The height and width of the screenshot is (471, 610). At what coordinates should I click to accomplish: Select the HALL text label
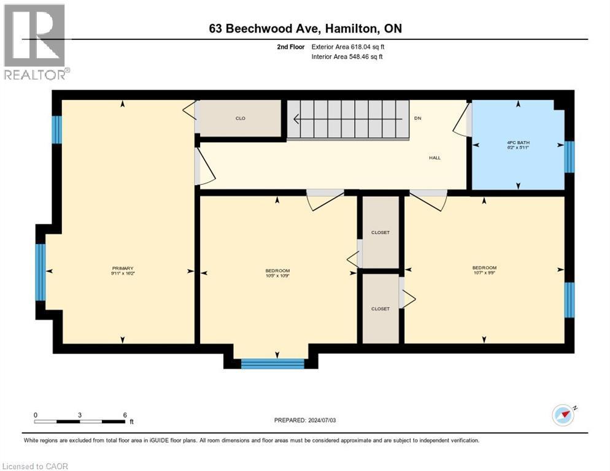[x=434, y=158]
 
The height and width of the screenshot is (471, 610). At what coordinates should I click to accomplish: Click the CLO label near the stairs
[x=241, y=118]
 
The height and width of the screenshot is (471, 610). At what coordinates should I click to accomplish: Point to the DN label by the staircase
[x=418, y=118]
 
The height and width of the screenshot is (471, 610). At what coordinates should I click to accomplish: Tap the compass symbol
[x=563, y=415]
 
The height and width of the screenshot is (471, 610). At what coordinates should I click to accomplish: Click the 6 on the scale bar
[x=125, y=415]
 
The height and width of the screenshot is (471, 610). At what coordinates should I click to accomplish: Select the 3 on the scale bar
[x=80, y=415]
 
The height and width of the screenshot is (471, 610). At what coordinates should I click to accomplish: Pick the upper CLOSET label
[x=380, y=233]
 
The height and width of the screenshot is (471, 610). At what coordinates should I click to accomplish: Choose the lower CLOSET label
[x=380, y=308]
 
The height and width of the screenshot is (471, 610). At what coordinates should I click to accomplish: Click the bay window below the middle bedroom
[x=272, y=364]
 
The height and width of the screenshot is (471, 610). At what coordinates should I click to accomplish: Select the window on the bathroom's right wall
[x=569, y=156]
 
